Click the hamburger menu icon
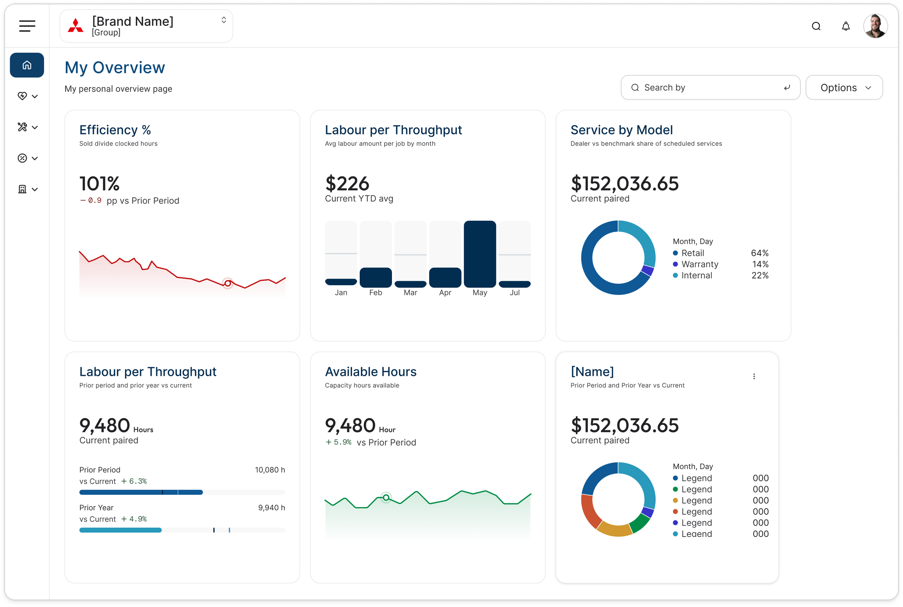(x=27, y=26)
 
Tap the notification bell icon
(x=846, y=26)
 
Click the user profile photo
(x=875, y=26)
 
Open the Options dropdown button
(x=844, y=87)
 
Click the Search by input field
(x=710, y=87)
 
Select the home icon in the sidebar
(x=27, y=65)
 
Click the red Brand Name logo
(x=75, y=26)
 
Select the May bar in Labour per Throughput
(x=480, y=254)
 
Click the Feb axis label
(x=375, y=292)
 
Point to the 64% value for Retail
(x=759, y=253)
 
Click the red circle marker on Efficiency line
(x=228, y=283)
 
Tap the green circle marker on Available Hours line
(x=386, y=498)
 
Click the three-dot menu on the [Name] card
(x=753, y=376)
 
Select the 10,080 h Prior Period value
(x=270, y=469)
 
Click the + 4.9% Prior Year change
(x=134, y=519)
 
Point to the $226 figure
(x=347, y=183)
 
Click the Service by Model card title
(x=622, y=130)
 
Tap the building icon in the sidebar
(x=22, y=189)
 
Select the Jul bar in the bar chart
(x=514, y=284)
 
